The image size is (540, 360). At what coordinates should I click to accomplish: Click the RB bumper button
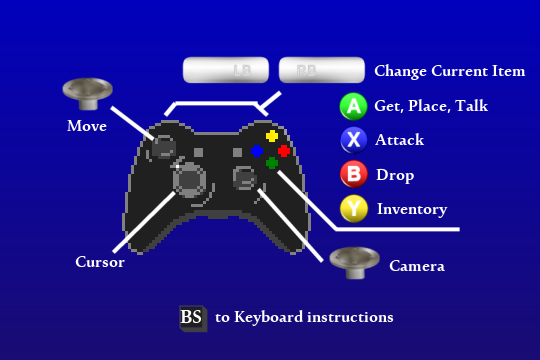pyautogui.click(x=321, y=70)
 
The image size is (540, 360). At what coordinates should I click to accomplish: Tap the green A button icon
pyautogui.click(x=354, y=106)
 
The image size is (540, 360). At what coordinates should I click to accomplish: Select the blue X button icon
pyautogui.click(x=354, y=140)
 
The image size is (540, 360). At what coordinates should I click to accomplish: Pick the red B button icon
pyautogui.click(x=354, y=175)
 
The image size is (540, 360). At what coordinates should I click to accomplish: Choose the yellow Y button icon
pyautogui.click(x=354, y=209)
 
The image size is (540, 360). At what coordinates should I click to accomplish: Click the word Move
pyautogui.click(x=87, y=126)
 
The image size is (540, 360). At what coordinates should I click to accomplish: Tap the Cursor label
pyautogui.click(x=100, y=263)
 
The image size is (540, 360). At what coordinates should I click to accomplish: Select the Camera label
pyautogui.click(x=417, y=266)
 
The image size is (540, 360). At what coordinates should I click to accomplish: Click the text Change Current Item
pyautogui.click(x=449, y=72)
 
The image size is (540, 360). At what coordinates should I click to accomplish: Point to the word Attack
pyautogui.click(x=400, y=140)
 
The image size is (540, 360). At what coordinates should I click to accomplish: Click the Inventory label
pyautogui.click(x=411, y=210)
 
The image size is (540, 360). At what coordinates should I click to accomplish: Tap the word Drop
pyautogui.click(x=395, y=175)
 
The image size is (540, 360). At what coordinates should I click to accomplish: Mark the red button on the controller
pyautogui.click(x=284, y=151)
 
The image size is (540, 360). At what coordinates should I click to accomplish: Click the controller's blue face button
pyautogui.click(x=257, y=151)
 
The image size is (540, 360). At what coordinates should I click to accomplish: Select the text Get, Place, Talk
pyautogui.click(x=431, y=106)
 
